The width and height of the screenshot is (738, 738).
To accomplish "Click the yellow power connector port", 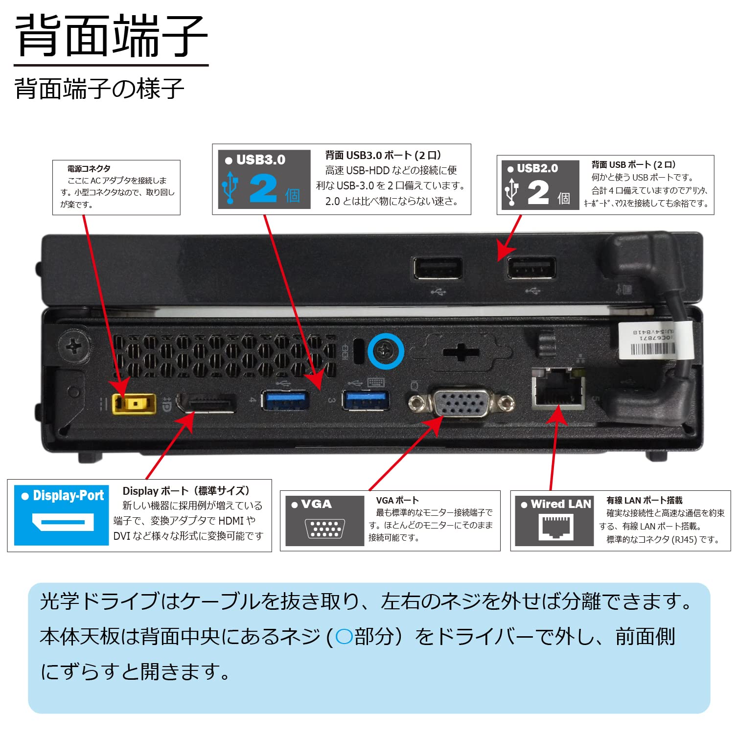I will coord(134,404).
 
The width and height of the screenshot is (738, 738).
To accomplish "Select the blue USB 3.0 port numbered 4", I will coord(285,400).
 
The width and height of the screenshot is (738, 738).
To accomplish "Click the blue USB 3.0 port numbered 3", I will coord(366,400).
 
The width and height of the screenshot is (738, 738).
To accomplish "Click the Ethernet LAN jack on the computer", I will coord(558,388).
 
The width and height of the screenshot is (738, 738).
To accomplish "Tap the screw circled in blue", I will coord(386,351).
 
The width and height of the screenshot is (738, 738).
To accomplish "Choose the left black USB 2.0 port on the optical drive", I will coord(438,268).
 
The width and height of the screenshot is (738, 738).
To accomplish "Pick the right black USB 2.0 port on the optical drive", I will coord(530,268).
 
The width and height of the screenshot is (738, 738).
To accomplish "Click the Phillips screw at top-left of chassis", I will coord(74,347).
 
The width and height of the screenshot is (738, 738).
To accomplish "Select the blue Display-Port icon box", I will coord(62,515).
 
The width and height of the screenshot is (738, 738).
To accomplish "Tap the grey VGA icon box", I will coord(325,521).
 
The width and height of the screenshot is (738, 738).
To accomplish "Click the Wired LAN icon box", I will coord(555,521).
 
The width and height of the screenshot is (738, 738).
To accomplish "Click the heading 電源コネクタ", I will coord(89,169).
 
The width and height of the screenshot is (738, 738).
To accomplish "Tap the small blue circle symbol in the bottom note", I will coord(344,637).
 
